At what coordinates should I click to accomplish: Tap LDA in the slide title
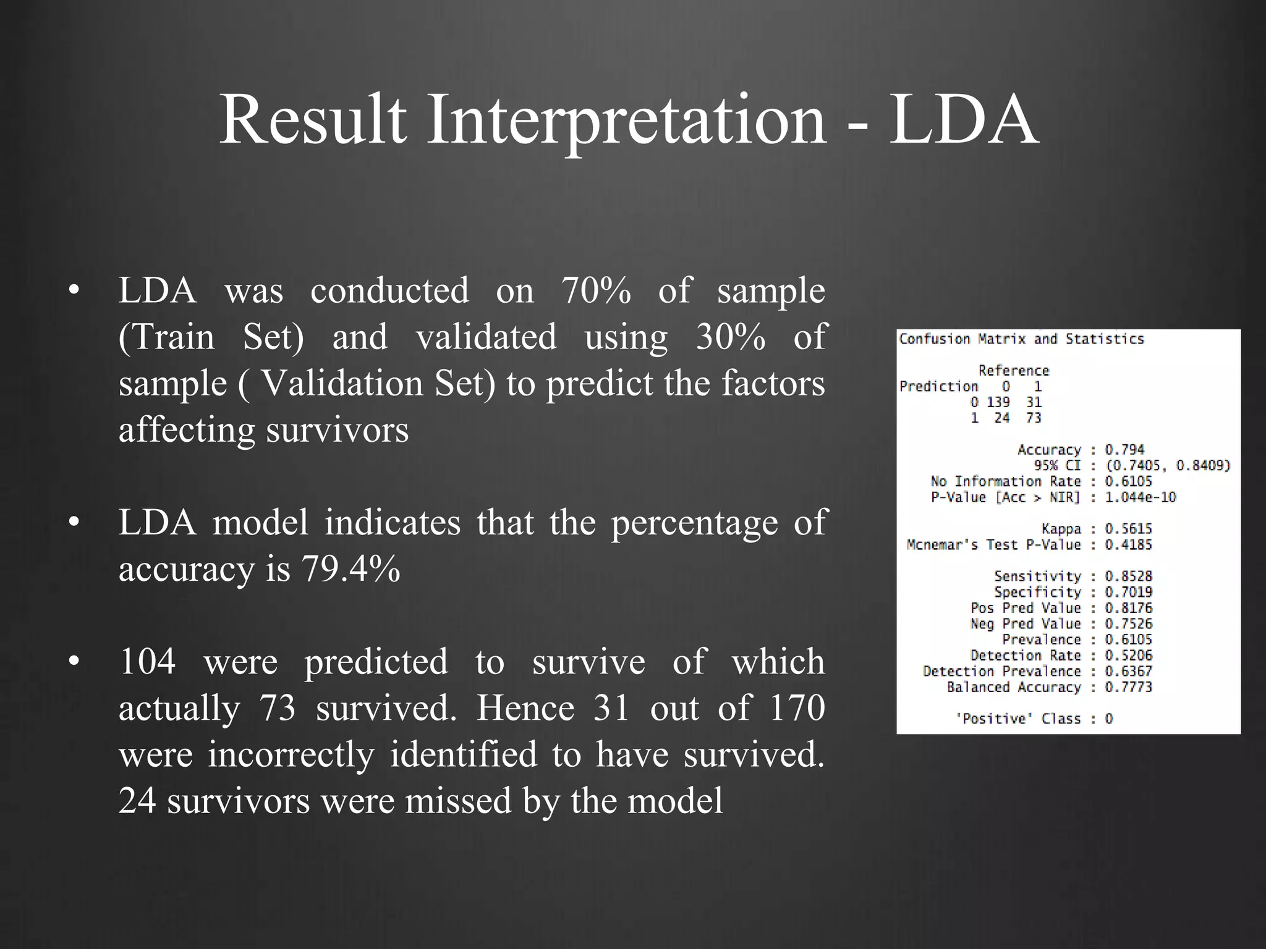coord(963,120)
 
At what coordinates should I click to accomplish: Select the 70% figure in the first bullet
coord(596,290)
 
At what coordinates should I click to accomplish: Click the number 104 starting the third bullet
coord(147,662)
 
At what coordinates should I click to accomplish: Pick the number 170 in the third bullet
coord(797,708)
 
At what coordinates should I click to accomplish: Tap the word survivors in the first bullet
coord(338,430)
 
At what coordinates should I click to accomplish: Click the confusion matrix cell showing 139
coord(998,402)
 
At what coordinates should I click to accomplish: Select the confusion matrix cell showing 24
coord(1002,418)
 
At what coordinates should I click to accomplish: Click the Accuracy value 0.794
coord(1124,450)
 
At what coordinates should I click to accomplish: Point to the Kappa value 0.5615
coord(1128,529)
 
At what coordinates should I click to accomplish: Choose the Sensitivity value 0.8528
coord(1128,576)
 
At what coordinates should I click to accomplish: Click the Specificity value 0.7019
coord(1128,592)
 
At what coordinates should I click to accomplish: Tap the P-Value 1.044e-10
coord(1140,497)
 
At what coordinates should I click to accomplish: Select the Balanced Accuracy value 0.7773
coord(1128,687)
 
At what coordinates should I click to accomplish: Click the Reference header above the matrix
coord(1014,371)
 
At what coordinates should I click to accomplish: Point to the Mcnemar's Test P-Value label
coord(993,545)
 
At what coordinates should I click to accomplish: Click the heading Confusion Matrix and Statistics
coord(1021,339)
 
